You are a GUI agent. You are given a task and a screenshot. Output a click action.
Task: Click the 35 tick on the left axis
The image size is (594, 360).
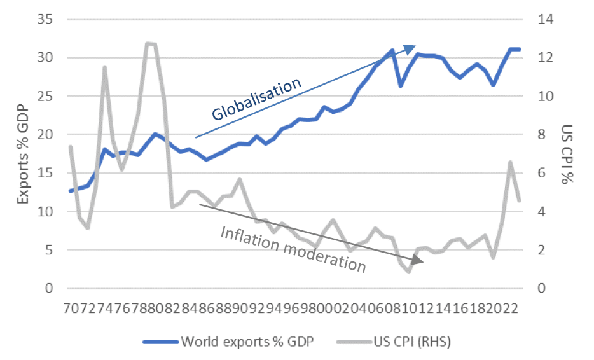[x=43, y=20]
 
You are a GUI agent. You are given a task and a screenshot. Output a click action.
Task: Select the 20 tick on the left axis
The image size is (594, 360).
[x=43, y=135]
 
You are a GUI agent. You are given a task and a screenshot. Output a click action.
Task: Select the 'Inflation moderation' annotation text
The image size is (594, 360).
[x=294, y=249]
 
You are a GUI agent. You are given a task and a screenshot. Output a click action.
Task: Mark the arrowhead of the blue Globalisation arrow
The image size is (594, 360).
[x=414, y=48]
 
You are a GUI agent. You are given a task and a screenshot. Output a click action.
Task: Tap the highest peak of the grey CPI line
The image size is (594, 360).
[x=148, y=43]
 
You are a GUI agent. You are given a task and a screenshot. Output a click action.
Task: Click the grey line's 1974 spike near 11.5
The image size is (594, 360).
[x=104, y=67]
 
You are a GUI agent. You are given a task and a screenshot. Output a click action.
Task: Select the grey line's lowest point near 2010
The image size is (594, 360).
[x=409, y=272]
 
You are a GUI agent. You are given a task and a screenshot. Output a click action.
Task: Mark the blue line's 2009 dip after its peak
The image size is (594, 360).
[x=401, y=86]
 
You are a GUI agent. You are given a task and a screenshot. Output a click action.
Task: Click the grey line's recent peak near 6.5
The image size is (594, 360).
[x=510, y=162]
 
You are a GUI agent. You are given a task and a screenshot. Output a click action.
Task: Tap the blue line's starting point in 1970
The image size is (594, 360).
[x=71, y=191]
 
